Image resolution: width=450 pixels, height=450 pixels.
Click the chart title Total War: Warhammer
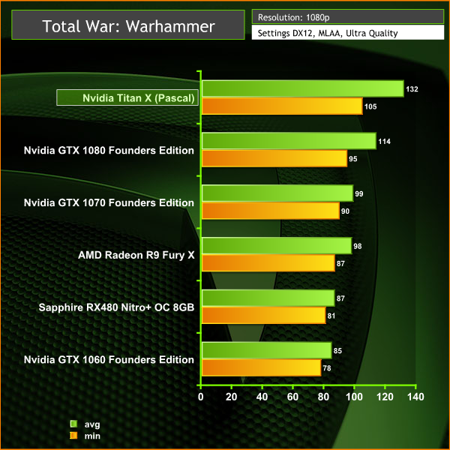tap(129, 27)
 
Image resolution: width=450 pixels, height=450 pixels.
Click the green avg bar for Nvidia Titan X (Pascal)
tap(302, 89)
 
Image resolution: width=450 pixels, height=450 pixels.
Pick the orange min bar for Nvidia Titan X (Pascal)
tap(282, 106)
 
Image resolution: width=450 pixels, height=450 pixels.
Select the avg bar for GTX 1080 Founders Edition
tap(289, 141)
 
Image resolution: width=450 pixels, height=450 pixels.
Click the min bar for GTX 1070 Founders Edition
tap(270, 211)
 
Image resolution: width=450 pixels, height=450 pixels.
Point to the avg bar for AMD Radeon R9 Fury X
tap(276, 245)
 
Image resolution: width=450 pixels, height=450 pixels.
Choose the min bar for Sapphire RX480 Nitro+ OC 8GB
tap(263, 315)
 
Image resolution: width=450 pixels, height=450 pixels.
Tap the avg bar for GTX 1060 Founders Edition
tap(266, 350)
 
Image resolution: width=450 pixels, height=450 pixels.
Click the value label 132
tap(412, 89)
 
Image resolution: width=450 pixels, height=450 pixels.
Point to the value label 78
tap(327, 367)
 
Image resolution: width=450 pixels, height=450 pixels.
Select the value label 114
tap(384, 141)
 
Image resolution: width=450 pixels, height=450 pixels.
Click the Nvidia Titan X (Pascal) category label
tap(127, 98)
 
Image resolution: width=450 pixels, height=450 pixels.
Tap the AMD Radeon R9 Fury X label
tap(136, 255)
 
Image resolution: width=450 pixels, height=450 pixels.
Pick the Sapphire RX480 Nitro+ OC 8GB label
tap(117, 307)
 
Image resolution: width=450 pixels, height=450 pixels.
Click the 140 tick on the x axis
tap(415, 396)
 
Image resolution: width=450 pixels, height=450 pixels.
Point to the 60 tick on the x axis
tap(292, 396)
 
